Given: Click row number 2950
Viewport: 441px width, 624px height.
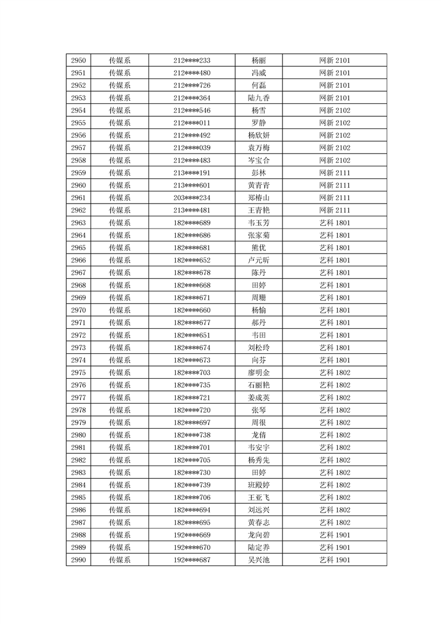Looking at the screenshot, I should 78,61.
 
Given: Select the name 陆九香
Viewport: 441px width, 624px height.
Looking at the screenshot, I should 259,98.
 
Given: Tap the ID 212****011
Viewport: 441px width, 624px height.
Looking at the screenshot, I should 192,123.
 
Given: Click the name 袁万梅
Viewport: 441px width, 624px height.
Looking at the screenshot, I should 259,148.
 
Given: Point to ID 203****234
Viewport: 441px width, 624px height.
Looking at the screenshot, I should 192,198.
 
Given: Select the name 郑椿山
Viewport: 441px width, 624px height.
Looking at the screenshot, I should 259,198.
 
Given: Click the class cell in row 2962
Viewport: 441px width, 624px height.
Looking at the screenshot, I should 334,210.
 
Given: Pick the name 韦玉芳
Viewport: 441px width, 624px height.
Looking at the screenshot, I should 259,223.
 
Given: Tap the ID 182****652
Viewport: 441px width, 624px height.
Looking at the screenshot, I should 192,260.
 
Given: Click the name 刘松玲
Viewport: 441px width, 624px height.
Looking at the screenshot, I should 259,348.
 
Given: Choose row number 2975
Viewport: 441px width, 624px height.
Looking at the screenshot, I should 78,373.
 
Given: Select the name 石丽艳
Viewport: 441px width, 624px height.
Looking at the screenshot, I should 259,385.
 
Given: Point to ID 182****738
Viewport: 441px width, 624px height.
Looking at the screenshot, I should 192,435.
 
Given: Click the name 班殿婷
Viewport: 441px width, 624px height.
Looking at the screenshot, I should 259,485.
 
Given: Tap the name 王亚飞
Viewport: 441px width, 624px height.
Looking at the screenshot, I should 259,497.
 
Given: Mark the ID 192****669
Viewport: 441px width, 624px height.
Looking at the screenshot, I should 192,535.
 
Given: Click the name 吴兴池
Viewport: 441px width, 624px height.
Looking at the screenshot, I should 259,560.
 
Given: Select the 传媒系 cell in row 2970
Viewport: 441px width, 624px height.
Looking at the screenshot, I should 120,310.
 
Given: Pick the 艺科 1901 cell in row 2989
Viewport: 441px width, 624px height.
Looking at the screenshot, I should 334,547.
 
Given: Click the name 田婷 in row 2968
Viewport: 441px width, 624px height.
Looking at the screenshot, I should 259,285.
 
